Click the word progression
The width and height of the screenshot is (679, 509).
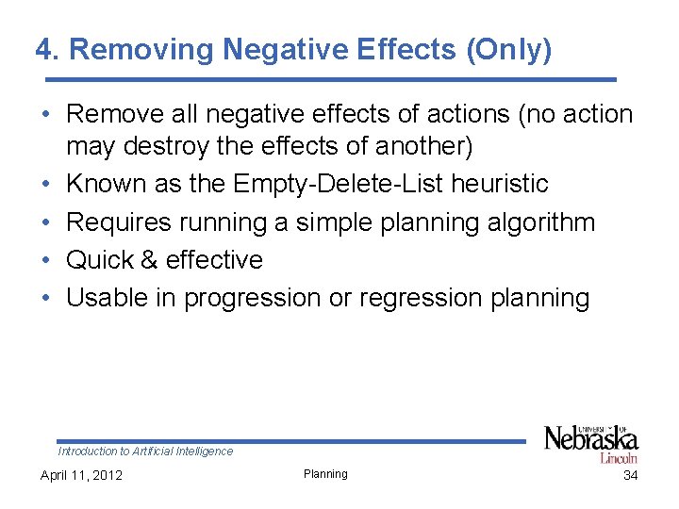coord(252,298)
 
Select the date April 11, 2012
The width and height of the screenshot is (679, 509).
coord(81,475)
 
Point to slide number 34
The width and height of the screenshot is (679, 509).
coord(630,475)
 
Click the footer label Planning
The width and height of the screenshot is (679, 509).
coord(325,474)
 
